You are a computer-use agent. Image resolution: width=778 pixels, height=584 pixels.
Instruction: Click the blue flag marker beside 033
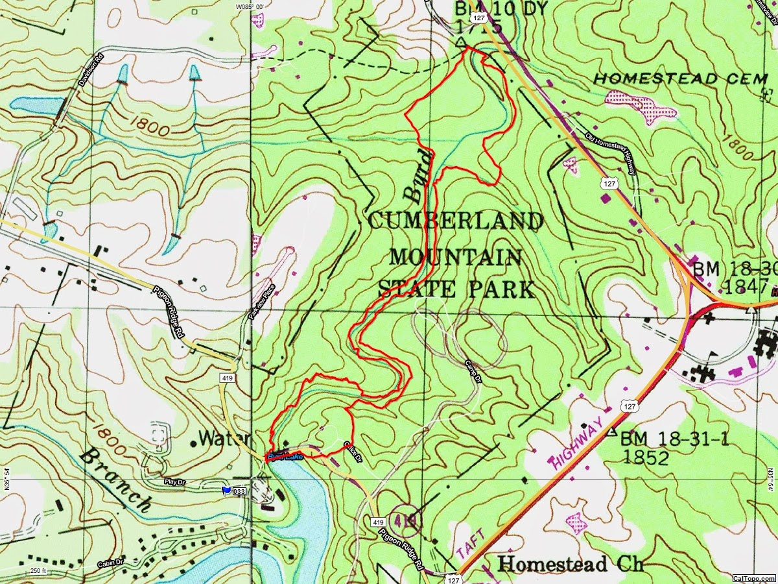click(x=226, y=491)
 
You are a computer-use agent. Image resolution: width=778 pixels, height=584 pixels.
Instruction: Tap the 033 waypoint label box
click(x=239, y=492)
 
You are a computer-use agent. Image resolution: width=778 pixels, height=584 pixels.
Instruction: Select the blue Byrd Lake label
click(x=285, y=457)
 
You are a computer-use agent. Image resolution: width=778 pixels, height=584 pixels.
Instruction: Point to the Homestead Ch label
click(x=571, y=563)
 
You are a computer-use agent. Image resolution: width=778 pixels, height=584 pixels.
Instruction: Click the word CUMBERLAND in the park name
click(x=455, y=222)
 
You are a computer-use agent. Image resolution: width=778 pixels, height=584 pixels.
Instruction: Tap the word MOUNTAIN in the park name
click(x=455, y=257)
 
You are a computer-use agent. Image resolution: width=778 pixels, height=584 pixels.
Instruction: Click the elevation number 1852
click(x=645, y=457)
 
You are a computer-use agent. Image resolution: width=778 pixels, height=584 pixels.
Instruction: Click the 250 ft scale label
click(x=39, y=571)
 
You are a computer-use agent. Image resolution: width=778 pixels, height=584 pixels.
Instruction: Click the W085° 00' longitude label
click(x=250, y=6)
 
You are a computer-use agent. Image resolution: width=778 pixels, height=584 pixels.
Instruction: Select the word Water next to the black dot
click(x=224, y=439)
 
